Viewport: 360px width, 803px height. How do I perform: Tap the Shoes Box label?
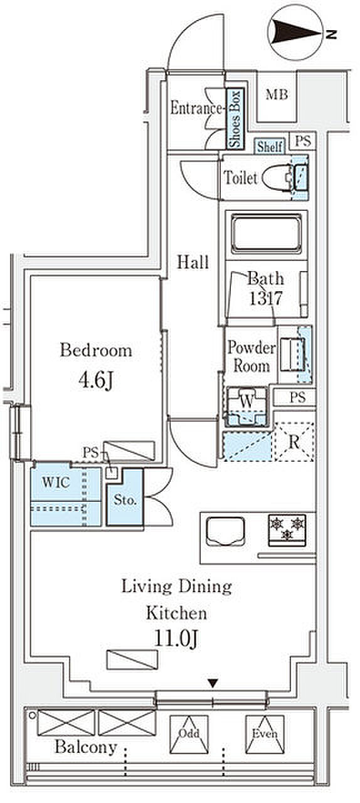(x=235, y=119)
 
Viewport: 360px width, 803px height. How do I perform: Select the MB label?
(x=277, y=95)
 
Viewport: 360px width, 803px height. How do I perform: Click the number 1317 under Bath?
(x=266, y=298)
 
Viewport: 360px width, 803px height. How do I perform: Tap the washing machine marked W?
(x=246, y=407)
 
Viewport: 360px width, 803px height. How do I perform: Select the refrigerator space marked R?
(x=294, y=442)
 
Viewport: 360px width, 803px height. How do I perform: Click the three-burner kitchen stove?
(x=287, y=530)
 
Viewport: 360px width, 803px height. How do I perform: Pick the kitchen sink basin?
(x=226, y=531)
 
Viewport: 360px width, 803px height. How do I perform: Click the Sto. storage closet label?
(x=125, y=500)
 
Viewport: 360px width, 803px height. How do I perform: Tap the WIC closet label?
(x=56, y=482)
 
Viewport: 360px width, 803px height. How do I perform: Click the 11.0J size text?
(x=176, y=639)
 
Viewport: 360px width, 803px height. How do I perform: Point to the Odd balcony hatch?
(x=189, y=733)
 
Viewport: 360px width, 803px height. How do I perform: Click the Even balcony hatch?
(x=265, y=733)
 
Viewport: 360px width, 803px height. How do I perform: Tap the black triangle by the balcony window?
(x=213, y=683)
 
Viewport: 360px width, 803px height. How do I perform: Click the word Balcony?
(x=86, y=747)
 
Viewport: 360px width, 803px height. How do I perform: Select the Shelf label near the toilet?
(x=270, y=147)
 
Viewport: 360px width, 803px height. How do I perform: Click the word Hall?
(x=193, y=262)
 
